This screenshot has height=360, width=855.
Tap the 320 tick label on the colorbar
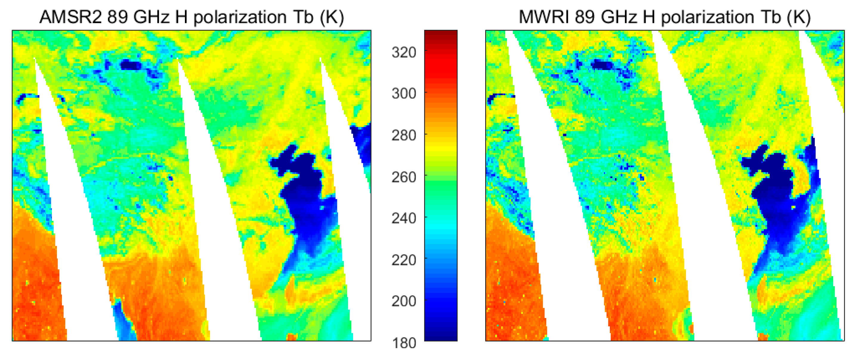point(403,52)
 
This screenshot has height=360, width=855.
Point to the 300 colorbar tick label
point(403,94)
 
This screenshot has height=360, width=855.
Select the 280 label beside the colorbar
point(403,135)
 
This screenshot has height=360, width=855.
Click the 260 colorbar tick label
point(403,177)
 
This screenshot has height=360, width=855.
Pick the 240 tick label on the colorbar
point(403,219)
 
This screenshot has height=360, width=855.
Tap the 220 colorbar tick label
point(403,260)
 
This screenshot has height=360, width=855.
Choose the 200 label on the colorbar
point(403,301)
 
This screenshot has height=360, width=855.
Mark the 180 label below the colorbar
point(403,343)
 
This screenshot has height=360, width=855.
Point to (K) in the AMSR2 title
point(332,17)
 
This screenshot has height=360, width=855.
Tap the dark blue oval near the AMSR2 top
point(130,65)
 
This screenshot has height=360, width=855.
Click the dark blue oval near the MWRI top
point(603,65)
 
